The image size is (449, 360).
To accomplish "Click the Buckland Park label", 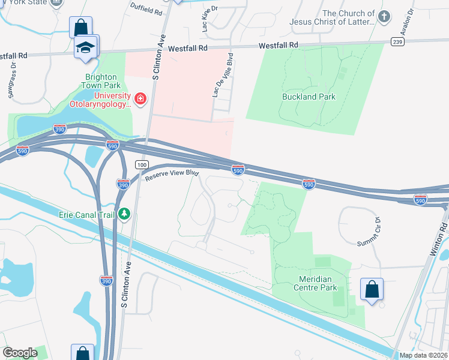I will pos(309,97).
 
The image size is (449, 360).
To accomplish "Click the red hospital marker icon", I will pos(140,98).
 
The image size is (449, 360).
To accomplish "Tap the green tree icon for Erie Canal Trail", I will pos(125,213).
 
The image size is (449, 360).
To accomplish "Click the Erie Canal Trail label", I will pos(88,214).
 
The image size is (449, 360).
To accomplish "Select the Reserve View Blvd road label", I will pos(171,173).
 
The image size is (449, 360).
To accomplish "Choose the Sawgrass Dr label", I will pos(13,83).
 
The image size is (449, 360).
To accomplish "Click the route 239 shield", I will pos(396,41).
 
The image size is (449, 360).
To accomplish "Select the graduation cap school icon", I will pos(86,47).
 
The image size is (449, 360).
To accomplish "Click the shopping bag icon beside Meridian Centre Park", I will pos(372,289).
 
